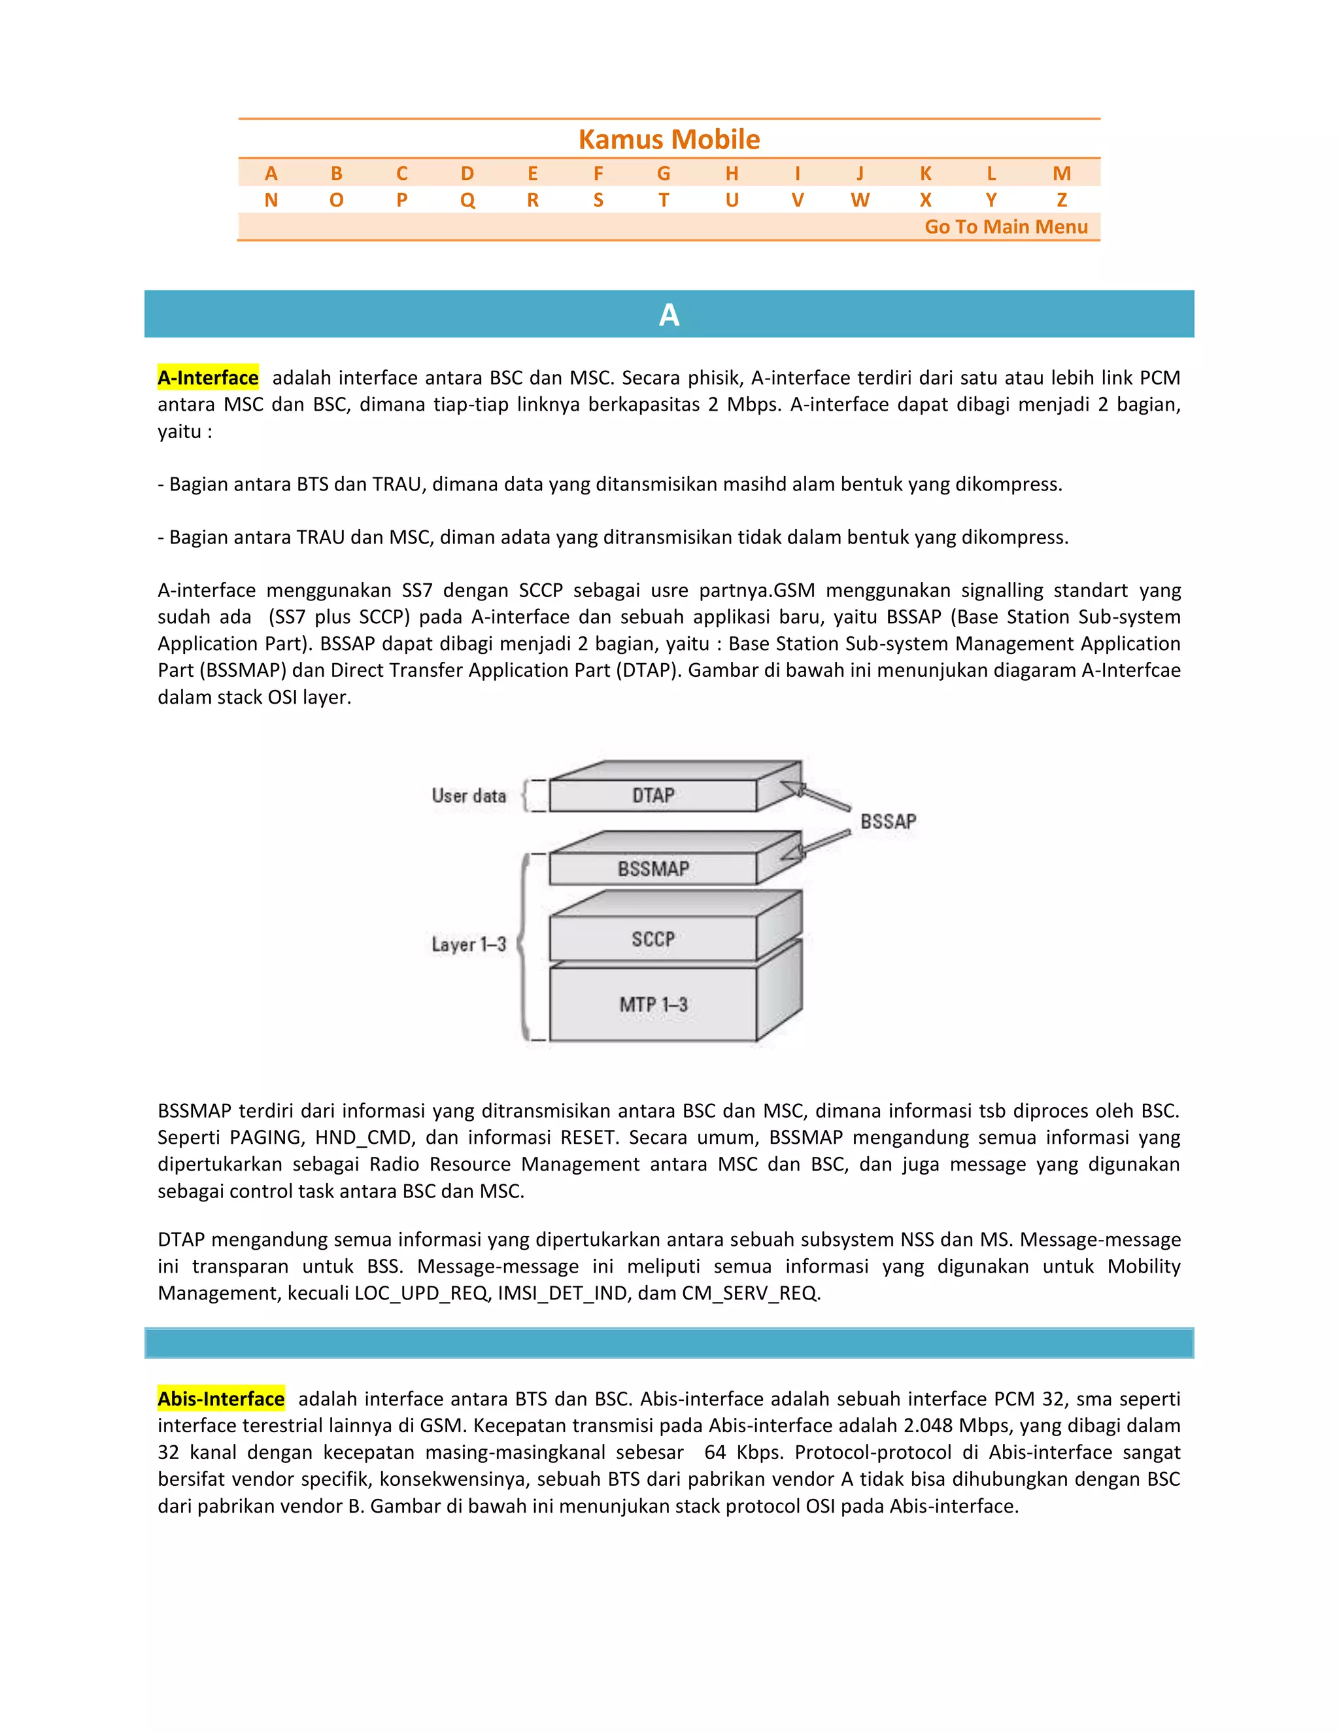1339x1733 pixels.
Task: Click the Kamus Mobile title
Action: pyautogui.click(x=669, y=140)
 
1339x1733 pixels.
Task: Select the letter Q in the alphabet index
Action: pyautogui.click(x=467, y=200)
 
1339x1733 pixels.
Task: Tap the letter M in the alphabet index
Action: pyautogui.click(x=1061, y=173)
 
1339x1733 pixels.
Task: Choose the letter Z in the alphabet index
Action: pyautogui.click(x=1061, y=200)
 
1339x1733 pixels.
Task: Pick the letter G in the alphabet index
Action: pyautogui.click(x=663, y=173)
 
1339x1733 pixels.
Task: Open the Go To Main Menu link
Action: pyautogui.click(x=1006, y=227)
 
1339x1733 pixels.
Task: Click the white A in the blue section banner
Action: pyautogui.click(x=669, y=315)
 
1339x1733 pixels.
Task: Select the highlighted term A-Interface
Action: pyautogui.click(x=208, y=378)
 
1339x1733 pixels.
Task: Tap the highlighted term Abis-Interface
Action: pyautogui.click(x=220, y=1399)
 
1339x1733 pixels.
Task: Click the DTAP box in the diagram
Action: pyautogui.click(x=653, y=795)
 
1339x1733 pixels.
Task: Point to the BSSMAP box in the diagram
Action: pyautogui.click(x=653, y=869)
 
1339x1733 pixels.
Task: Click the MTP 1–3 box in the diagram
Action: pyautogui.click(x=653, y=1004)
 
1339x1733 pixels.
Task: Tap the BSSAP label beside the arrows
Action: pyautogui.click(x=888, y=821)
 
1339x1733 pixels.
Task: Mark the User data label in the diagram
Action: pyautogui.click(x=469, y=796)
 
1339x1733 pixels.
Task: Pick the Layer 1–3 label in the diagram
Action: pyautogui.click(x=469, y=944)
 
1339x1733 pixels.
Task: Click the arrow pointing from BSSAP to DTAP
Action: pyautogui.click(x=817, y=797)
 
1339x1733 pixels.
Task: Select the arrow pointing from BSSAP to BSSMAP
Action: pyautogui.click(x=817, y=844)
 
